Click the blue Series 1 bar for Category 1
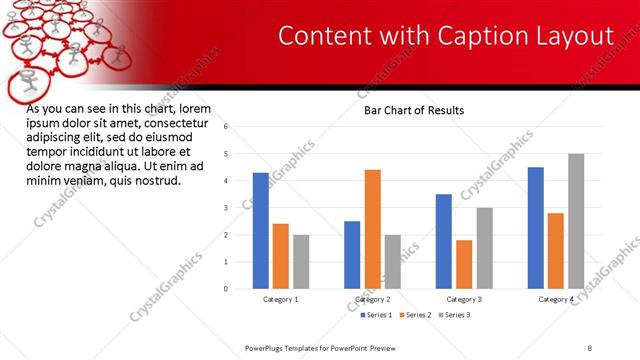tap(261, 231)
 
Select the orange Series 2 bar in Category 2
tap(372, 229)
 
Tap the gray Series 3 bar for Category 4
tap(576, 221)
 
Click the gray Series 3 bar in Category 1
tap(301, 262)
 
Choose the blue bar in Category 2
tap(352, 255)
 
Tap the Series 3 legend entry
tap(457, 315)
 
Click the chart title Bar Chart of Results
tap(413, 110)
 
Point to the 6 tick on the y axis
tap(227, 127)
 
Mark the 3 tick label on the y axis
tap(227, 208)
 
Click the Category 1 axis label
tap(280, 299)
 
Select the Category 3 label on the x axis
tap(465, 299)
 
